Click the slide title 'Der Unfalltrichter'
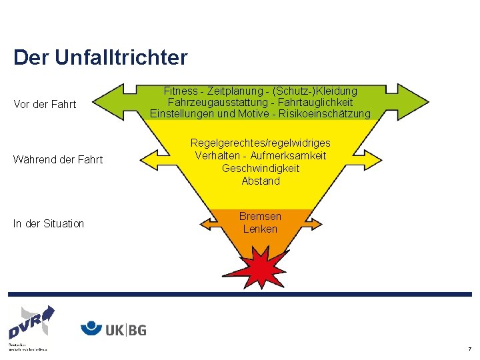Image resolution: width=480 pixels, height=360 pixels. tap(101, 57)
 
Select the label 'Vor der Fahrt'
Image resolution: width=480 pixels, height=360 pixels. tap(45, 105)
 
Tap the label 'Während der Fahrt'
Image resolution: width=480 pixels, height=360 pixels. tap(58, 159)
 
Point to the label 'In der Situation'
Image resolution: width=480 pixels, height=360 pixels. tap(49, 223)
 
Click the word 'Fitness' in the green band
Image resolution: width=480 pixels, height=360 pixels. tap(181, 91)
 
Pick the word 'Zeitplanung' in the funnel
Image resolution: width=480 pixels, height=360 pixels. tap(233, 91)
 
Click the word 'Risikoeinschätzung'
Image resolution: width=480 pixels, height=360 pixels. tap(326, 114)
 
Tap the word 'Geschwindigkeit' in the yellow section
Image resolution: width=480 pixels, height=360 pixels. tap(261, 168)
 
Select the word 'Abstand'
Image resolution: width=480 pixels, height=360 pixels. tap(261, 181)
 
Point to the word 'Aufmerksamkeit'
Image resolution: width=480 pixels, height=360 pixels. tap(288, 155)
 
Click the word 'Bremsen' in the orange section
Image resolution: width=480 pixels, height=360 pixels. tap(261, 217)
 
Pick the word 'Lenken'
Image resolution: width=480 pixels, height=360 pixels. tap(261, 229)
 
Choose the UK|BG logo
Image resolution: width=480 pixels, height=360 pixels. tap(113, 329)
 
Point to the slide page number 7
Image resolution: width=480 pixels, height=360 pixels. tap(469, 349)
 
